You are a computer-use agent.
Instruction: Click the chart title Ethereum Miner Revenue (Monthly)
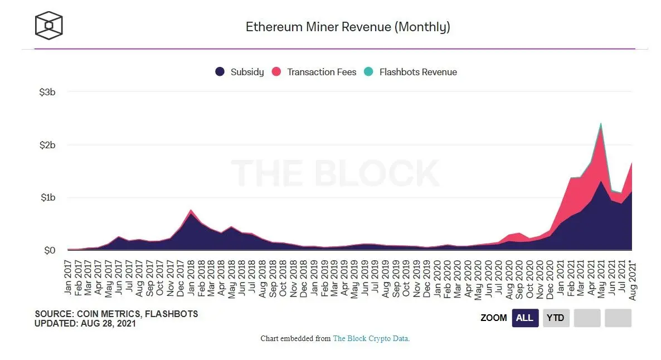coord(348,27)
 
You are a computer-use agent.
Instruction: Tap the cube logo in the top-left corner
coord(49,26)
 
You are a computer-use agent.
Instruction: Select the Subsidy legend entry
coord(240,72)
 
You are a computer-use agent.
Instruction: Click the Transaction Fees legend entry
coord(314,72)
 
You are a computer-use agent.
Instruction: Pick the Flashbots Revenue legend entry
coord(410,72)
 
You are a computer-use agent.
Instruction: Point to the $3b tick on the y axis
coord(47,92)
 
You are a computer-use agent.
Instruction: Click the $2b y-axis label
coord(47,145)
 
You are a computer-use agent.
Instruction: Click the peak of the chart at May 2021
coord(600,124)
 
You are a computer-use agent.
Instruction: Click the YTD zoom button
coord(556,318)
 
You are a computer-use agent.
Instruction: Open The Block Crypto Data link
coord(371,338)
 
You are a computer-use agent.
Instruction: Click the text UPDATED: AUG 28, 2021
coord(85,323)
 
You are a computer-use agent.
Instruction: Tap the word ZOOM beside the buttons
coord(493,318)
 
